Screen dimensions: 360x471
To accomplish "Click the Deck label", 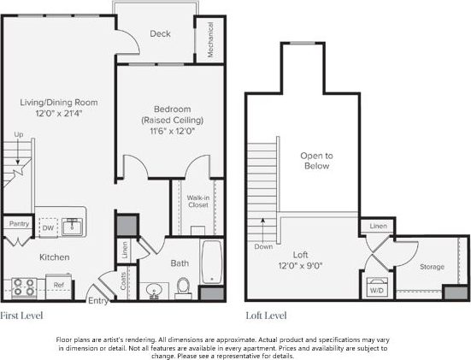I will (160, 34).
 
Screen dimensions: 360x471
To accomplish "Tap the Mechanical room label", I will (211, 40).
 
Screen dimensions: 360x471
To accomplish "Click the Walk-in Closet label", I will (198, 201).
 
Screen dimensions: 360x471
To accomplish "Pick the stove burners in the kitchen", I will (22, 285).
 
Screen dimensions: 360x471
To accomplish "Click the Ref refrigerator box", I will (58, 285).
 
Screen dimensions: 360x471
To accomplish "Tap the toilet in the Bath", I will (183, 287).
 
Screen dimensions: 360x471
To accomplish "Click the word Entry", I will (98, 301).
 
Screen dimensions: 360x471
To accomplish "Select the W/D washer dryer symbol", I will (376, 288).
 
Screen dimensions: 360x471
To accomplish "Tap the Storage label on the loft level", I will (432, 267).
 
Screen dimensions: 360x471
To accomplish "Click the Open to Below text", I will (315, 161).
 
